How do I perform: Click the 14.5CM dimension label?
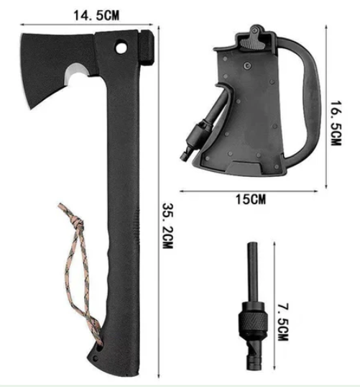[96, 15]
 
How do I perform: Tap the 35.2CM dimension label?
[168, 226]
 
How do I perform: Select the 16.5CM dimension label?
[336, 123]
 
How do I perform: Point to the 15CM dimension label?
[251, 199]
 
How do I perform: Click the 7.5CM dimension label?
[283, 322]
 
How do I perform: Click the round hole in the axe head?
[121, 47]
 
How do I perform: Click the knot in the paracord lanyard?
[78, 223]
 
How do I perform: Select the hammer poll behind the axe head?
[147, 48]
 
